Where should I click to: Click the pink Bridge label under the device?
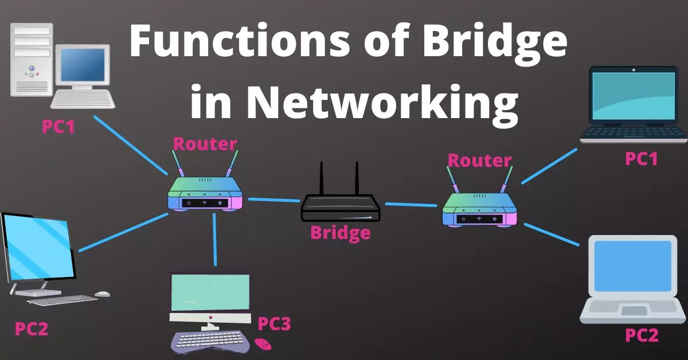click(340, 233)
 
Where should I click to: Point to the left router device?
click(205, 194)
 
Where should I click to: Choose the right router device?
click(480, 208)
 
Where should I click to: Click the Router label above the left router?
click(205, 143)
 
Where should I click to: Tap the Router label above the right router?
click(479, 160)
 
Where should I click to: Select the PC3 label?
click(274, 324)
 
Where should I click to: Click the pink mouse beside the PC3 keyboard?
click(263, 344)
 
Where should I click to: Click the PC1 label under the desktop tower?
click(58, 126)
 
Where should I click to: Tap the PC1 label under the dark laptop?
click(641, 159)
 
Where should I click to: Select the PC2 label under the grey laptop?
click(641, 335)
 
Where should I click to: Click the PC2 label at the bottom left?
click(32, 329)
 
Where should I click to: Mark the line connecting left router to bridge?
click(274, 200)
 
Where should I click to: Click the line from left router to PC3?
click(215, 240)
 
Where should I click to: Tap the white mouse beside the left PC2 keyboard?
click(102, 294)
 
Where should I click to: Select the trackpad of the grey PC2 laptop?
click(633, 310)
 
